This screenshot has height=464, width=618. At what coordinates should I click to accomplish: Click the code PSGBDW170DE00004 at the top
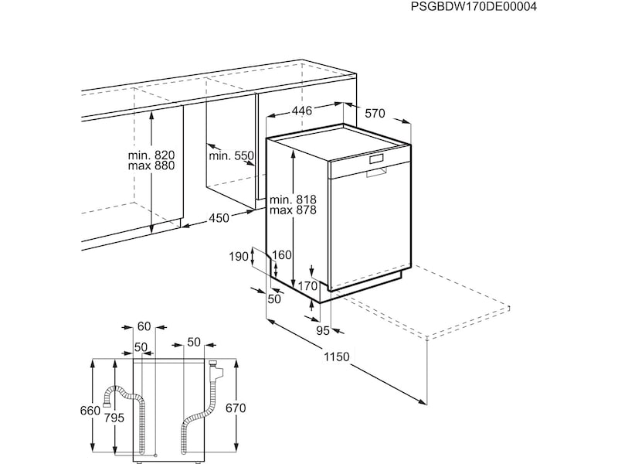click(474, 7)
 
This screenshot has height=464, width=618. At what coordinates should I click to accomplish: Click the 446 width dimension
click(301, 111)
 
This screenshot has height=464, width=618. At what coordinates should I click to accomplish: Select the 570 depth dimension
click(375, 114)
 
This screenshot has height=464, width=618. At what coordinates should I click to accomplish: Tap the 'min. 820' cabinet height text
click(151, 155)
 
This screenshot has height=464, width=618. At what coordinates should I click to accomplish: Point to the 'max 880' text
click(151, 165)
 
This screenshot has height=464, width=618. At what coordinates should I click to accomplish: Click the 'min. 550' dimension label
click(231, 156)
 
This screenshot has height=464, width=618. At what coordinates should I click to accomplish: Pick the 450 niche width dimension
click(219, 217)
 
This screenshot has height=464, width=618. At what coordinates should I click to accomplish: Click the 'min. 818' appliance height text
click(293, 200)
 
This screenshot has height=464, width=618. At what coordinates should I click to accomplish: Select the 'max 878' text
click(293, 210)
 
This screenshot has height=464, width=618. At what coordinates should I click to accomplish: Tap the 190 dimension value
click(239, 257)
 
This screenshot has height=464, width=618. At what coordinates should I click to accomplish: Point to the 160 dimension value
click(282, 255)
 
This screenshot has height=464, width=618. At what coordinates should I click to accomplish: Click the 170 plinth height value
click(307, 285)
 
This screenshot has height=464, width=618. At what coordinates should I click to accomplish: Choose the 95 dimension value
click(323, 331)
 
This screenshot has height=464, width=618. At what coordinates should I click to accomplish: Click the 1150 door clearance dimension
click(337, 357)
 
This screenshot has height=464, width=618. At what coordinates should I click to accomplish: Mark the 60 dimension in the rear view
click(144, 326)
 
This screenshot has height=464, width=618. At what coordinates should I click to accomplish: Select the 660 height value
click(90, 411)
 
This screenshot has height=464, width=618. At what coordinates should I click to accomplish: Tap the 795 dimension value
click(114, 417)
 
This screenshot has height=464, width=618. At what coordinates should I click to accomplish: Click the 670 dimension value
click(236, 408)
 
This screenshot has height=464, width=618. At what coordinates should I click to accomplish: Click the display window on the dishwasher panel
click(376, 159)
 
